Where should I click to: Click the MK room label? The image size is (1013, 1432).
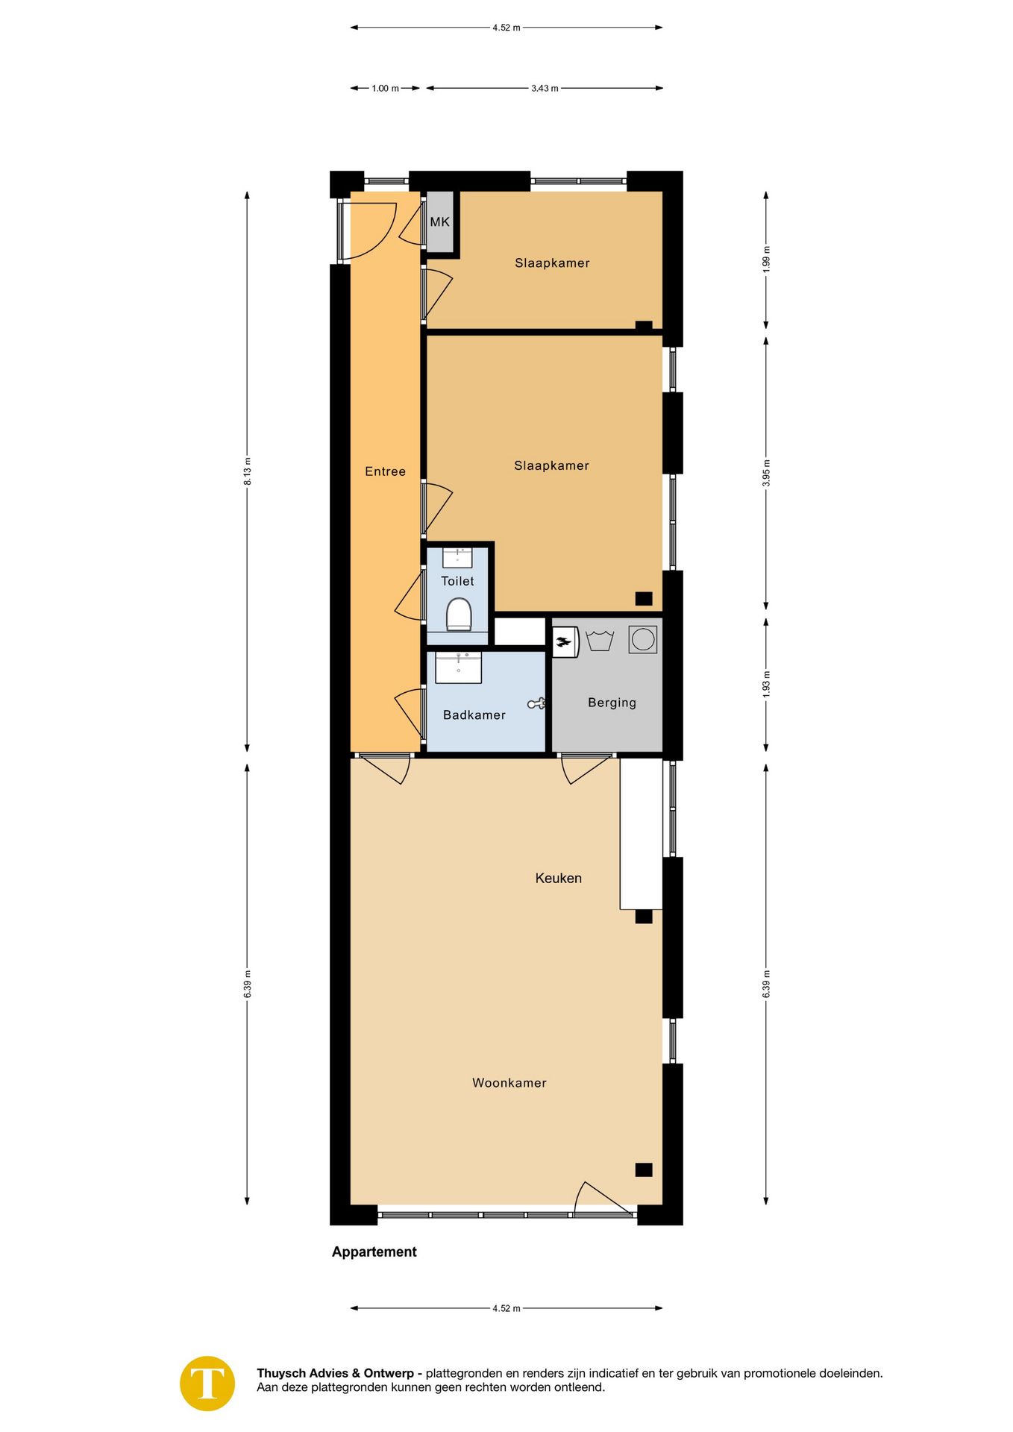click(x=439, y=222)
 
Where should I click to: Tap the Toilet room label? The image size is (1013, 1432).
click(x=457, y=581)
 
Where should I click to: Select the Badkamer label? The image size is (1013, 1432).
click(x=474, y=715)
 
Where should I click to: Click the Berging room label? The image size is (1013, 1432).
click(x=612, y=703)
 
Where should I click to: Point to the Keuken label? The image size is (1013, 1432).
click(x=558, y=878)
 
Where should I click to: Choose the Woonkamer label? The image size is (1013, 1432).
click(x=509, y=1083)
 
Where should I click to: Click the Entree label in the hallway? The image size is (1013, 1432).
click(x=385, y=471)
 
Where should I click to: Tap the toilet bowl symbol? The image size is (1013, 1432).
click(x=459, y=616)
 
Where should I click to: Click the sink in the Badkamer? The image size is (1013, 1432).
click(x=458, y=667)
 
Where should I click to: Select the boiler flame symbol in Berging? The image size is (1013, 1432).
click(x=565, y=641)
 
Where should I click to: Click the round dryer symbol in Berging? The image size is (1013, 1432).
click(x=642, y=639)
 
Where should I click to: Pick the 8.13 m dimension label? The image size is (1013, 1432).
click(x=248, y=471)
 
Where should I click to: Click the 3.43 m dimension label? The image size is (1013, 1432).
click(x=545, y=88)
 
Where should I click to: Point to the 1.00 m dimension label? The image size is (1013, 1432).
click(x=385, y=88)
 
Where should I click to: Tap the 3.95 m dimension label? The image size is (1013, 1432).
click(x=766, y=473)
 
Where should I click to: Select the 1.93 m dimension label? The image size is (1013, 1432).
click(x=766, y=685)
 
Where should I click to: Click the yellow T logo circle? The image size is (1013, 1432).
click(x=207, y=1384)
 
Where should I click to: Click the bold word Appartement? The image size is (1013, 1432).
click(x=374, y=1252)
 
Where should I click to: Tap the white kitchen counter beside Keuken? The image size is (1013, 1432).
click(x=641, y=833)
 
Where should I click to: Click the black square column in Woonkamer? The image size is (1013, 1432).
click(x=644, y=1169)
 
